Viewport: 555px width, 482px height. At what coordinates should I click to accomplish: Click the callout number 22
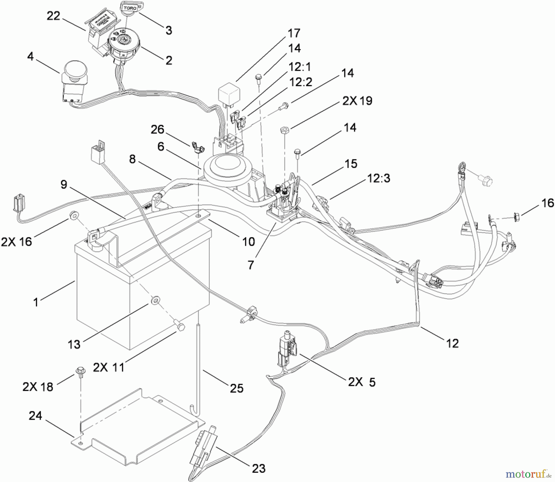point(53,16)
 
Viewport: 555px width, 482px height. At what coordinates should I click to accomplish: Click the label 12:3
point(378,178)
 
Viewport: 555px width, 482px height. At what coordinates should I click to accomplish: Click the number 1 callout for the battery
point(36,302)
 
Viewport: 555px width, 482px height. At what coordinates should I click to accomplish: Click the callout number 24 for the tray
point(35,416)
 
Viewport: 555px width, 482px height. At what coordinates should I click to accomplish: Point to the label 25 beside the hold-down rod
point(236,388)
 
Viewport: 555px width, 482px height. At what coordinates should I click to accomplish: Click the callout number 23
point(258,468)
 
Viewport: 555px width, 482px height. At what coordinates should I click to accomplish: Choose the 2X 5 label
point(362,382)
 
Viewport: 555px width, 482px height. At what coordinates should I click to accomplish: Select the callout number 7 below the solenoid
point(251,265)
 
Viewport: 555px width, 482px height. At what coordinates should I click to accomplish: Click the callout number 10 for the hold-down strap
point(248,241)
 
